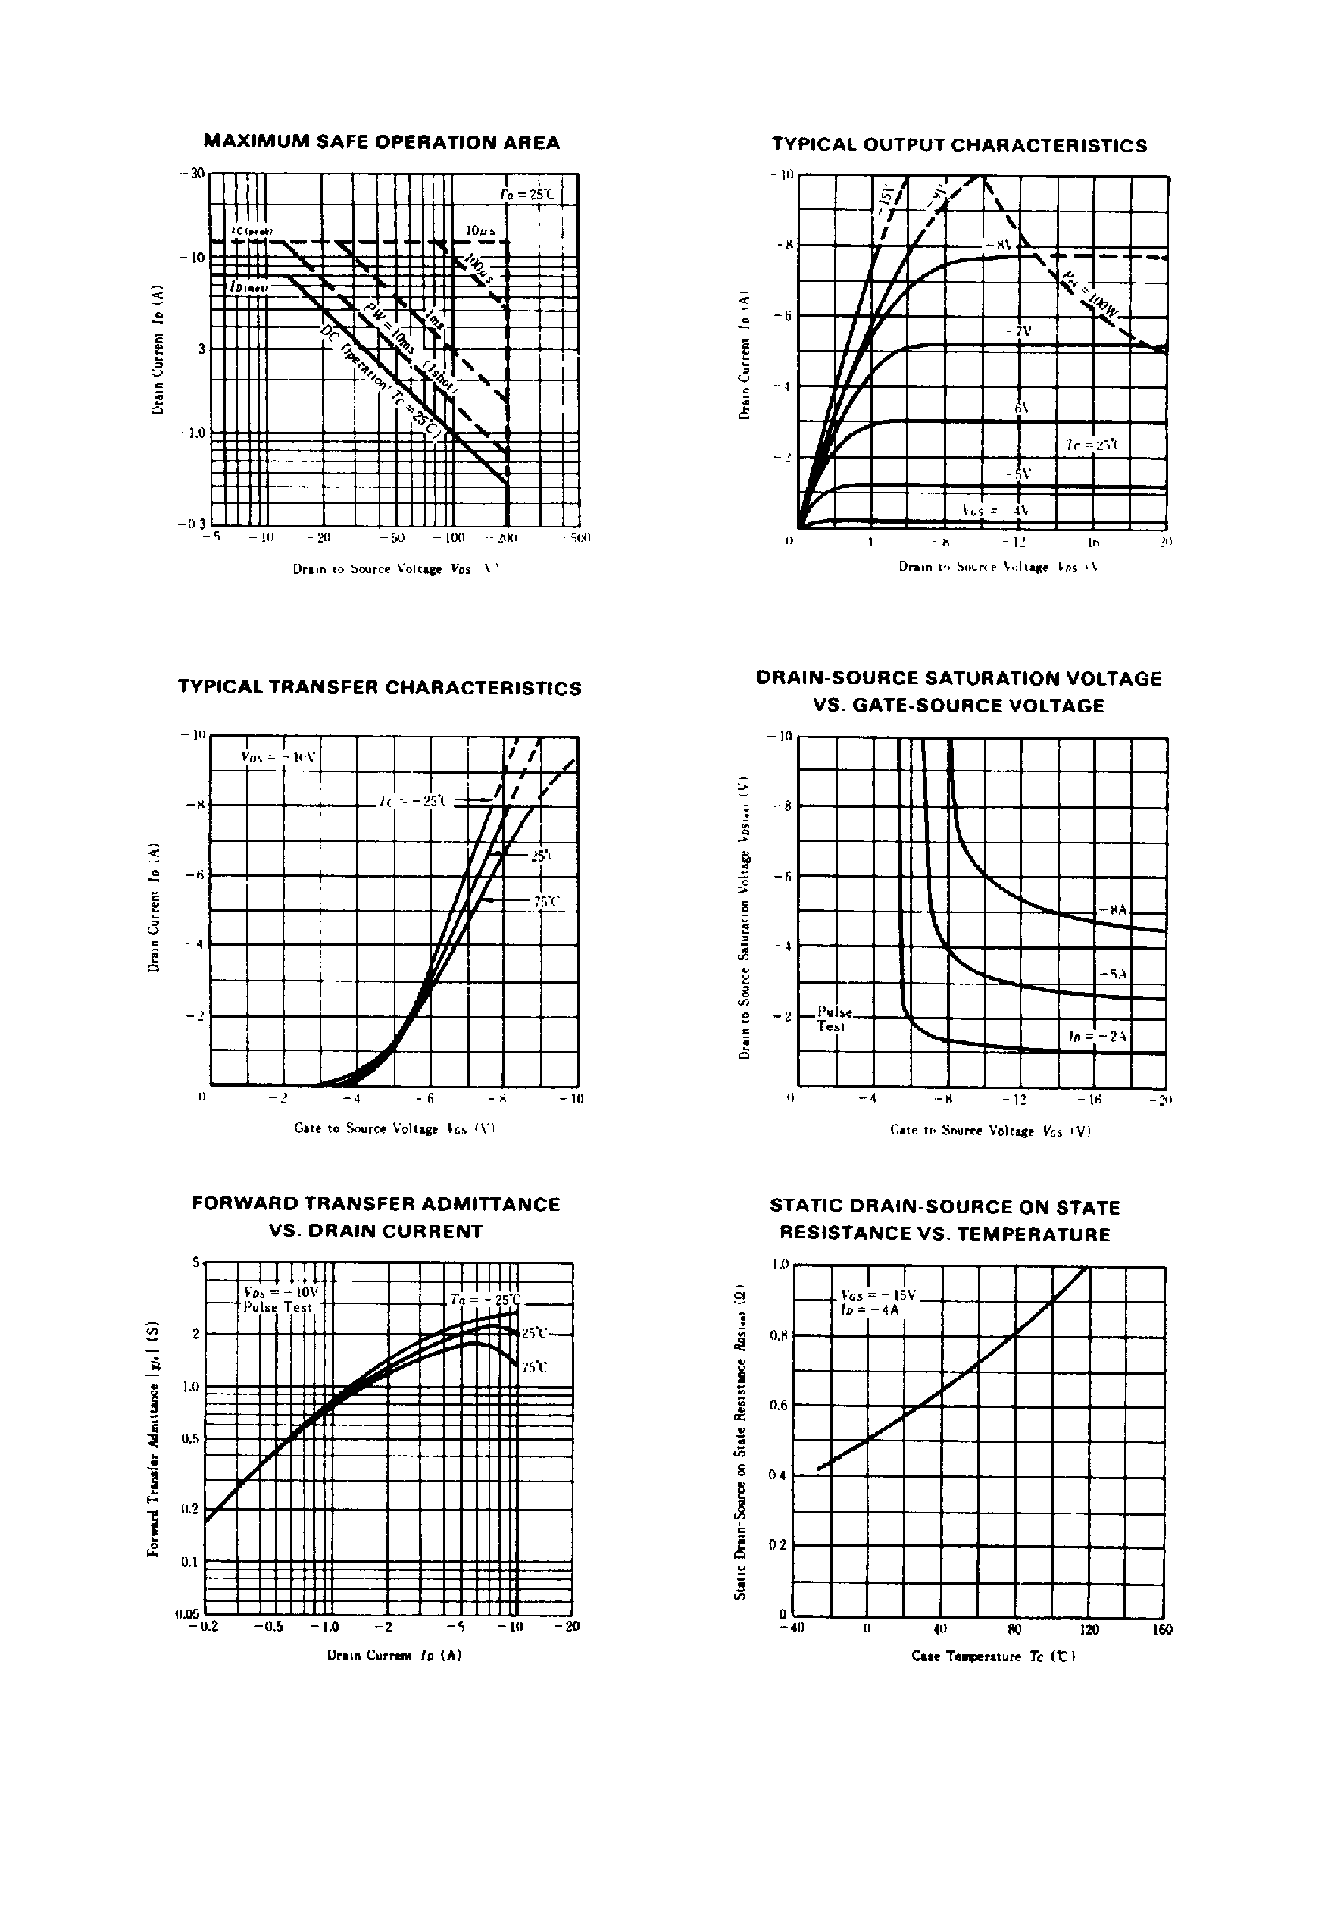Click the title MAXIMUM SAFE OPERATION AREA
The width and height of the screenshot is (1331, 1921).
tap(381, 142)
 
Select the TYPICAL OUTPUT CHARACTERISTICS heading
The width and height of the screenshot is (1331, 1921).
tap(959, 145)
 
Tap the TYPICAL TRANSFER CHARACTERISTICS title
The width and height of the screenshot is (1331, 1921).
tap(380, 688)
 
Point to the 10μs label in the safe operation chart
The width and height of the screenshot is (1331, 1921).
tap(481, 229)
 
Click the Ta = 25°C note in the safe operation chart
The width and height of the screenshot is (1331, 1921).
tap(526, 194)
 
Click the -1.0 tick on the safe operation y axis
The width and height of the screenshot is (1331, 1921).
tap(191, 433)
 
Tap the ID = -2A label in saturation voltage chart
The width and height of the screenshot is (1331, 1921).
tap(1098, 1036)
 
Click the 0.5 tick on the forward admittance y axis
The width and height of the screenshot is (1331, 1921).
tap(192, 1439)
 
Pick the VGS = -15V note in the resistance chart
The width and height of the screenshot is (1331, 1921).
tap(877, 1295)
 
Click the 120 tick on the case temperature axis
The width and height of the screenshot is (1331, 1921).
tap(1089, 1630)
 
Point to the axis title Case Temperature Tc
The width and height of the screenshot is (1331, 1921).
tap(993, 1657)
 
